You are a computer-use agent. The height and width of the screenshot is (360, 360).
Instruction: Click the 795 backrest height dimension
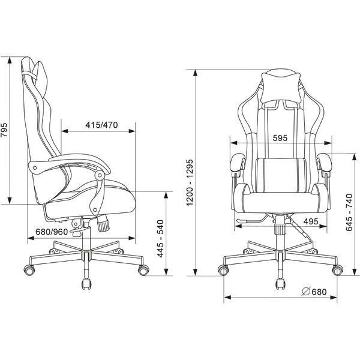(4, 130)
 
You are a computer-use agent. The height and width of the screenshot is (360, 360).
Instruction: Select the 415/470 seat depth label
(101, 125)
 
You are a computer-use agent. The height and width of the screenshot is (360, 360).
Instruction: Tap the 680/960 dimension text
(52, 232)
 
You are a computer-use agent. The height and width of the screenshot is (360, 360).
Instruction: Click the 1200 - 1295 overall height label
(190, 183)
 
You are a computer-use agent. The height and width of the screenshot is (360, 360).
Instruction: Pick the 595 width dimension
(280, 138)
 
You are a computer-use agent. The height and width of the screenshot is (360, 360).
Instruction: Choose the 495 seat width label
(311, 221)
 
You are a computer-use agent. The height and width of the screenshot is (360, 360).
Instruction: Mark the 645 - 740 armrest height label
(349, 213)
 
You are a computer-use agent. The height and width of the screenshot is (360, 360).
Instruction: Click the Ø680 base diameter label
(314, 292)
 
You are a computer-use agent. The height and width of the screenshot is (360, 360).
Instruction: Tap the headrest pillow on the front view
(281, 88)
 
